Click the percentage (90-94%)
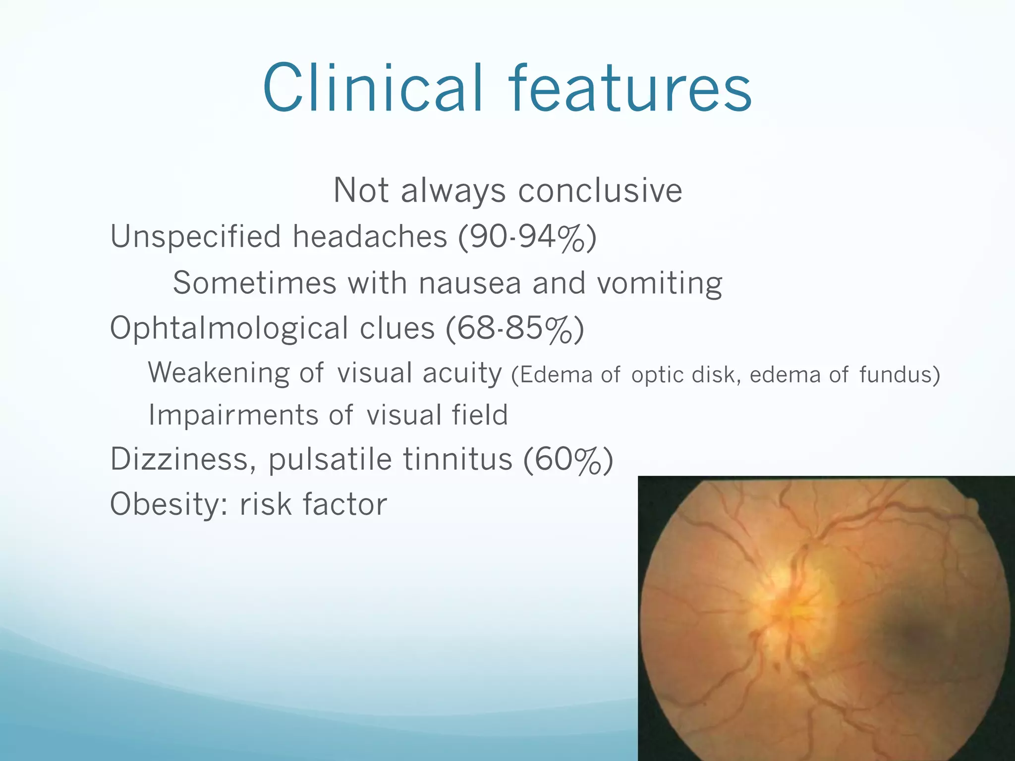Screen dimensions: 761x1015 (x=527, y=237)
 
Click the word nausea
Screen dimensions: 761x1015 (x=470, y=283)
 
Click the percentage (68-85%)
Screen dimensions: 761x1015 (x=515, y=329)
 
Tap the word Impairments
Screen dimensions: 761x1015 (x=233, y=416)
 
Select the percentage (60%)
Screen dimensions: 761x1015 (x=568, y=460)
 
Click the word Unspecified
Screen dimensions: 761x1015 (x=196, y=237)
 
